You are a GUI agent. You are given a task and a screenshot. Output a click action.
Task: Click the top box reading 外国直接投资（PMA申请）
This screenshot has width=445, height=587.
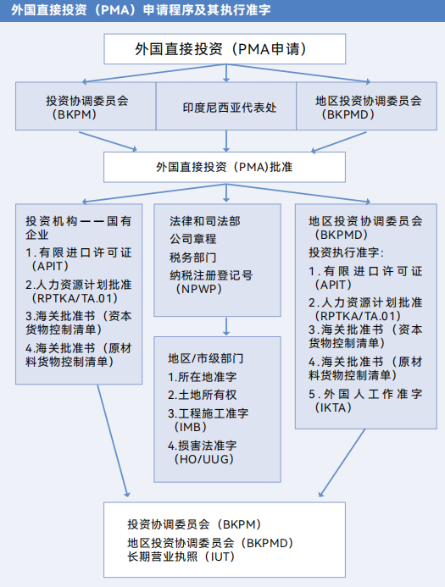225,49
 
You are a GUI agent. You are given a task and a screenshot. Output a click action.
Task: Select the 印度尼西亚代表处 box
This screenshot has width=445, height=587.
226,107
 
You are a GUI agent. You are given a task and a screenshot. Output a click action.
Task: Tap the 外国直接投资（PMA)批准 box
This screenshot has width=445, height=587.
225,167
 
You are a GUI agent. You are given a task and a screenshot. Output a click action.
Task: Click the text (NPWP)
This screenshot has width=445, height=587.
198,289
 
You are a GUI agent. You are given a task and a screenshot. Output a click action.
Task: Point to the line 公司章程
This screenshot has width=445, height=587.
193,239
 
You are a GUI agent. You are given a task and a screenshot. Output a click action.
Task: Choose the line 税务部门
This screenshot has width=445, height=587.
193,258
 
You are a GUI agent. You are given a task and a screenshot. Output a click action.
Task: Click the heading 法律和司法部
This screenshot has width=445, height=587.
205,221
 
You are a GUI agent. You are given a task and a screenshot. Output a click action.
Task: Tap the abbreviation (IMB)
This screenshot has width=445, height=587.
190,427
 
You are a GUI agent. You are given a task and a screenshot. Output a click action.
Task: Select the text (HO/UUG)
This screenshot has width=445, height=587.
203,459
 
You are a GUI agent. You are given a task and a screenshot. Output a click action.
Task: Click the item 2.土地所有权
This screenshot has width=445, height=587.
203,395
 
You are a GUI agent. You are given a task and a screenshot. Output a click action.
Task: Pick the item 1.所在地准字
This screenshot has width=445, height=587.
203,377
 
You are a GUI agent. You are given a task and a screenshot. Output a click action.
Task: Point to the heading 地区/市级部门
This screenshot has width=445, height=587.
206,358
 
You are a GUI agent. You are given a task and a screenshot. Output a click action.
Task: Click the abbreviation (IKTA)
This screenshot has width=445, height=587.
333,407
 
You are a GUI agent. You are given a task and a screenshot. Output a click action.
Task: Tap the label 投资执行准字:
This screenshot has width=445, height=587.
346,252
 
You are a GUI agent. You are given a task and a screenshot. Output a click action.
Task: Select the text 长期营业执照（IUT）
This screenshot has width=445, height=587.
181,557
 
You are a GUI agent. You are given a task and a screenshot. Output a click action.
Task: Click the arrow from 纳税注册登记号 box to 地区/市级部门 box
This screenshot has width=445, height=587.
226,326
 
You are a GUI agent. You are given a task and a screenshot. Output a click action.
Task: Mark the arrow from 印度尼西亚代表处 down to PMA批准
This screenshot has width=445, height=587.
226,141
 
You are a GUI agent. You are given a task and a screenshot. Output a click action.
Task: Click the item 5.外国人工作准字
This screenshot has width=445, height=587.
365,394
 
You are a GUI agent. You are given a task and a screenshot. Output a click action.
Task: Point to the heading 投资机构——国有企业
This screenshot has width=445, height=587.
78,228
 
